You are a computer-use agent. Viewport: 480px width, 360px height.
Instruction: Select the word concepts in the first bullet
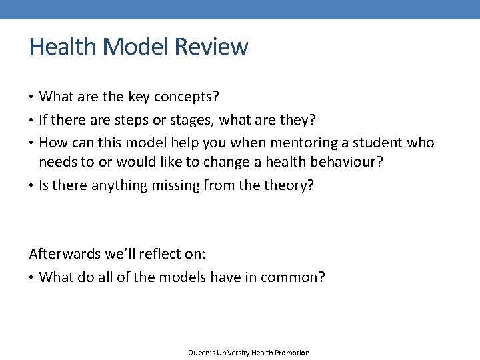[186, 97]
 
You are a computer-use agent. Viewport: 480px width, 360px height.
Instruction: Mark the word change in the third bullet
[232, 162]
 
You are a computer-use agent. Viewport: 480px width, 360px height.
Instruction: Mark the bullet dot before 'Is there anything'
[32, 185]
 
